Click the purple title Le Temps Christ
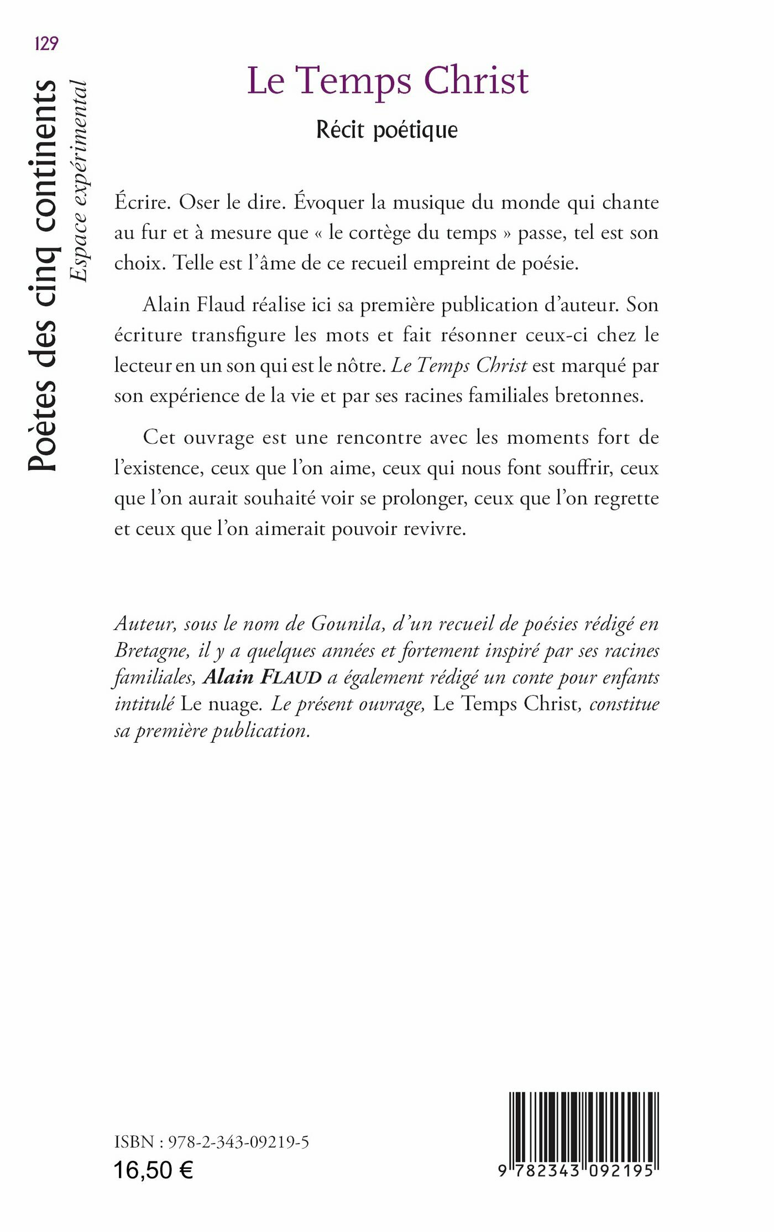388,81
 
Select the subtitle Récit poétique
387,130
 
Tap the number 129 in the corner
46,44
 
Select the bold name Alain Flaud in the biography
263,677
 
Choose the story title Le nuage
221,704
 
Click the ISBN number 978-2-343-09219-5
238,1142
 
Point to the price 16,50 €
153,1170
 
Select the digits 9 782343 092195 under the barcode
576,1171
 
